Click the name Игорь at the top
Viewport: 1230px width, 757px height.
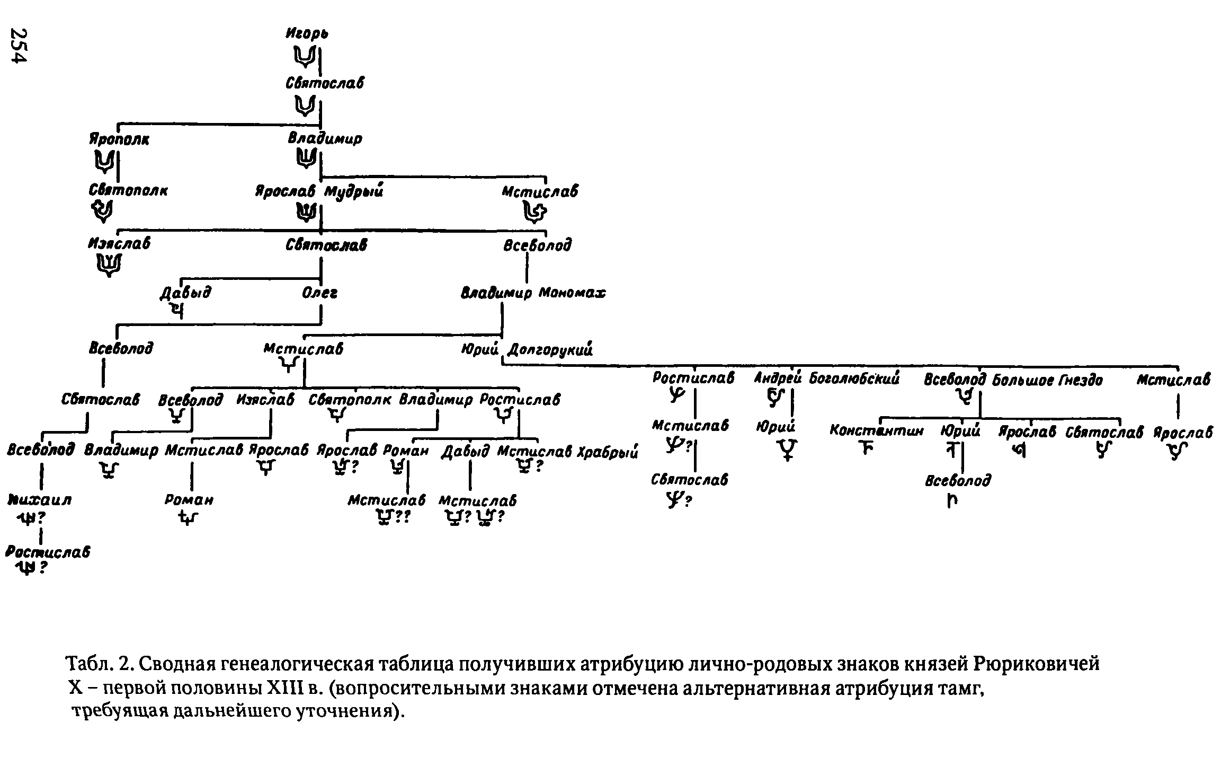tap(307, 34)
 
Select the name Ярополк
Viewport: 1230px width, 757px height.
tap(119, 139)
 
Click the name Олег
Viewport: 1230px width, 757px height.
tap(319, 293)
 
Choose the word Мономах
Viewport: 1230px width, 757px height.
tap(572, 293)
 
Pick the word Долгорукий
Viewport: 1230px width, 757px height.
tap(550, 349)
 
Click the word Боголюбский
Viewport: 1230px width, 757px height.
tap(854, 379)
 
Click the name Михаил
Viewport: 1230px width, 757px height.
tap(40, 500)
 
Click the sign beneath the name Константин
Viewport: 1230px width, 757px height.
tap(866, 450)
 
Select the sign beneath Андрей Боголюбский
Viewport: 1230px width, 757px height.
tap(775, 398)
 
